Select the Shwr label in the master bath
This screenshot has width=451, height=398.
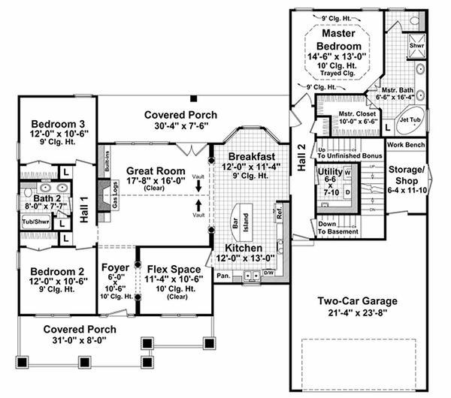(416, 45)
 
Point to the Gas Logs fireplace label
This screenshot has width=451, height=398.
(115, 194)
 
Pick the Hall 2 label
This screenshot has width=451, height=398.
(302, 157)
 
